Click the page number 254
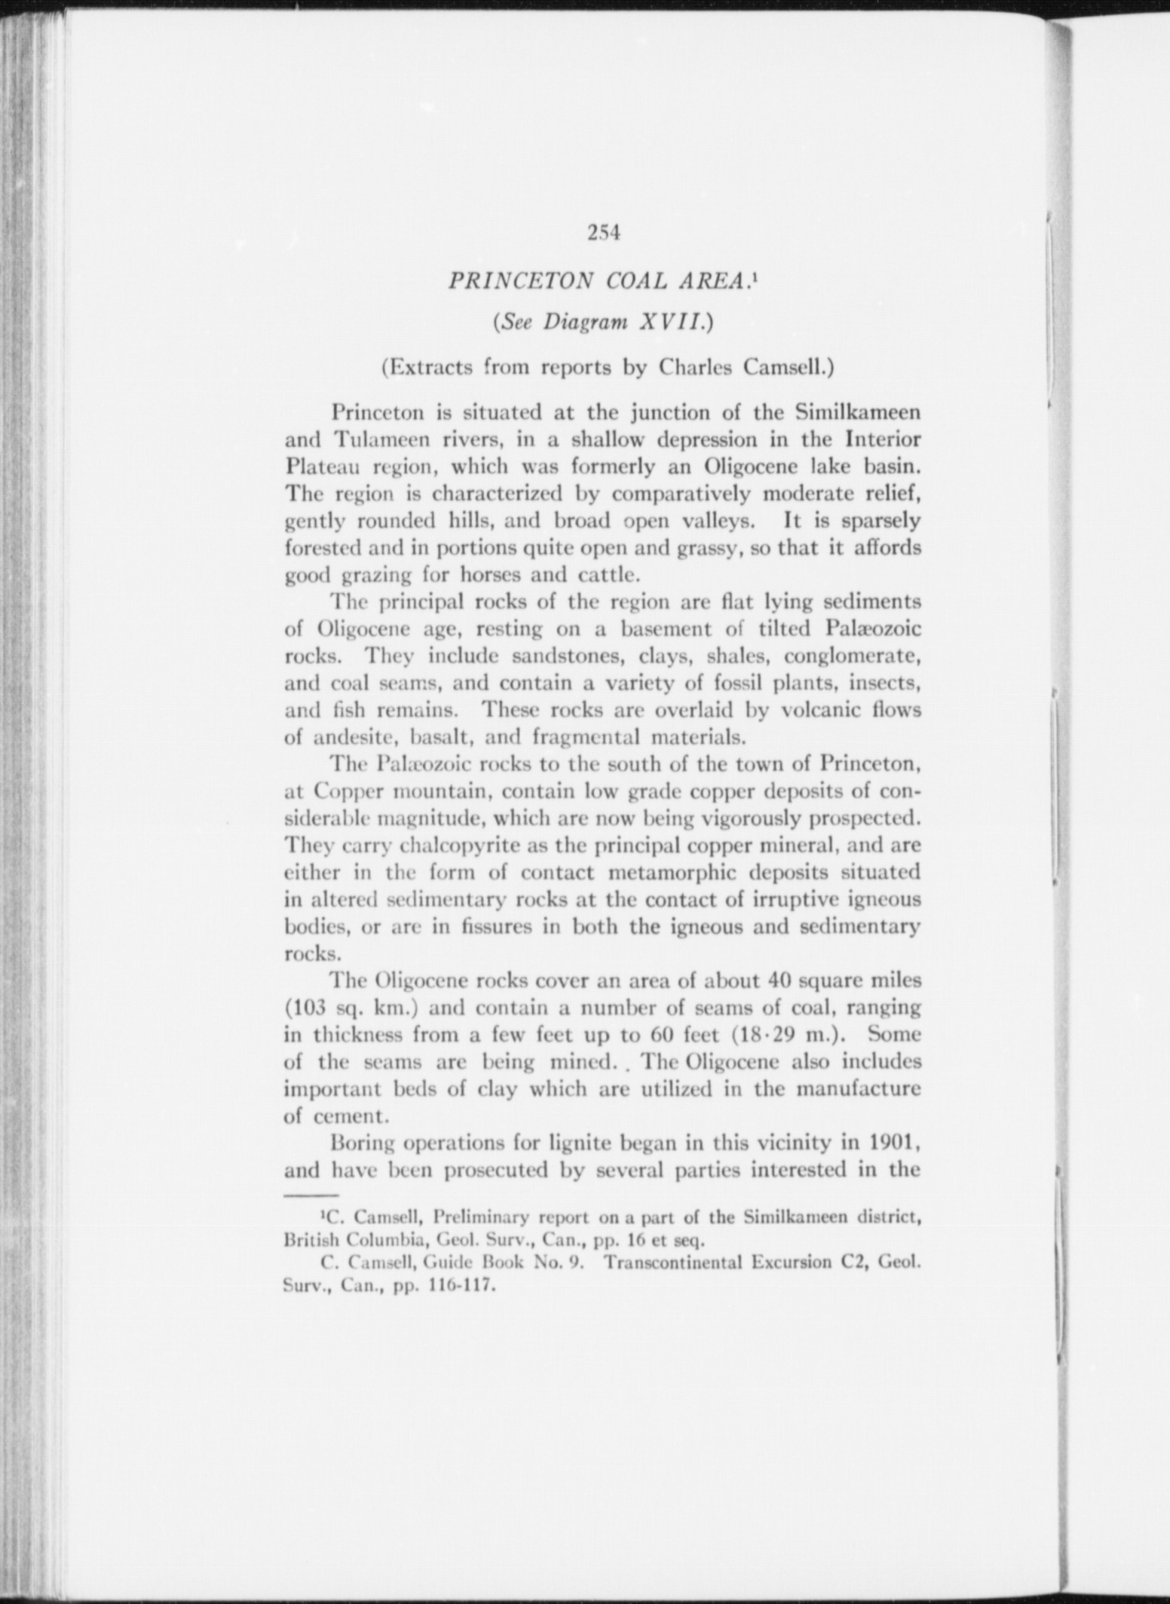[x=603, y=233]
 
